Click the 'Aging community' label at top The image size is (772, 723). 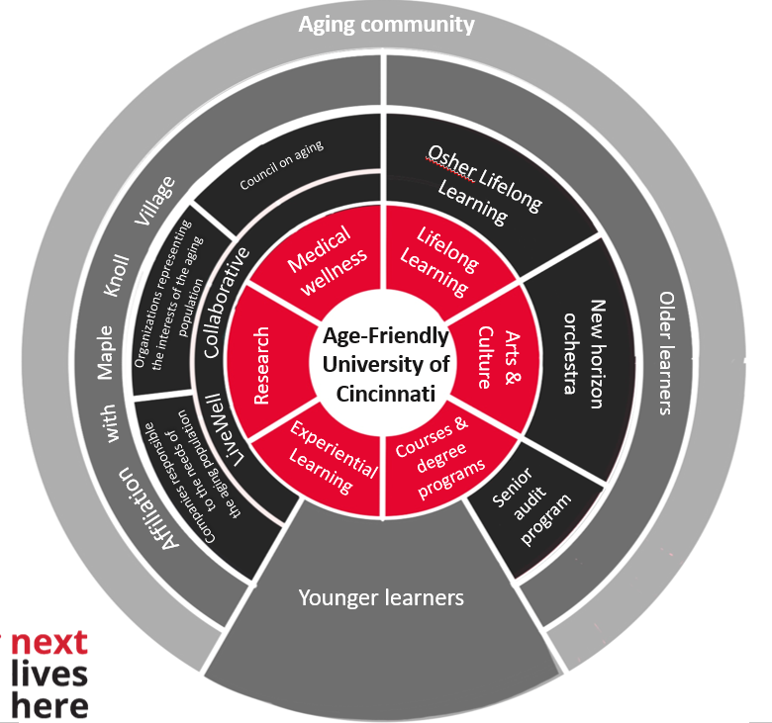(x=387, y=24)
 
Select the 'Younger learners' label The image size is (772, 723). (x=381, y=597)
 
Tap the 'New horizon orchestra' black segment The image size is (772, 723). (x=579, y=346)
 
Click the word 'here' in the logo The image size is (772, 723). (x=48, y=703)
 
